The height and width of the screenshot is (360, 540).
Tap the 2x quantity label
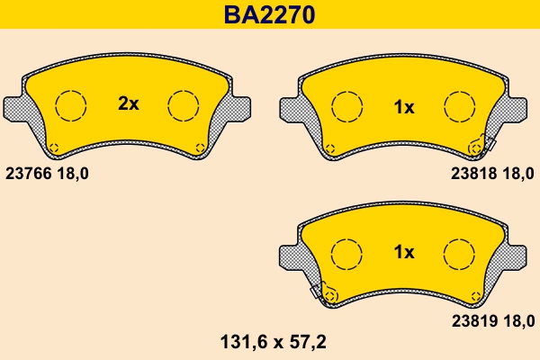(129, 104)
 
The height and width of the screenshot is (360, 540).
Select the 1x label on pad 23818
(404, 108)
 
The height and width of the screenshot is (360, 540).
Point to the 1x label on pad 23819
(404, 253)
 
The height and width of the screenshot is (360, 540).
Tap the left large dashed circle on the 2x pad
(70, 105)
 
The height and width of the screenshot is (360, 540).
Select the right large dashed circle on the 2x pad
(184, 105)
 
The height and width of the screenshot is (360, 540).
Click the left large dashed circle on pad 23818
(346, 108)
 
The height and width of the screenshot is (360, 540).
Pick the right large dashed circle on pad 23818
(459, 108)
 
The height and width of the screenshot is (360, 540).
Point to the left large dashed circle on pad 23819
(346, 253)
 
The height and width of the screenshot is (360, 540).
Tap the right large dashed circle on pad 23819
(459, 253)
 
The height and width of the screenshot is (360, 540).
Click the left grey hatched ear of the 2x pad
(20, 108)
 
